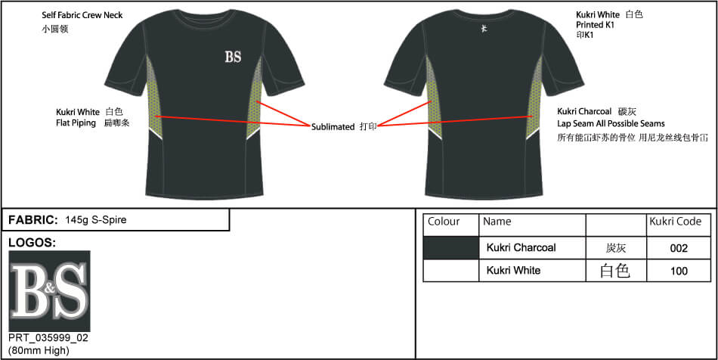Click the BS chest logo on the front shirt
tap(233, 57)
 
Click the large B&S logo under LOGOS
tap(49, 291)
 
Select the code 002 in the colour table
tap(679, 248)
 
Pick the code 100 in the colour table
tap(679, 272)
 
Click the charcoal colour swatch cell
tap(451, 248)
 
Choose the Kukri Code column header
tap(676, 222)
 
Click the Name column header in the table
tap(497, 222)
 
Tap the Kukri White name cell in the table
tap(513, 270)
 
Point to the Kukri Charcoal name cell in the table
tap(521, 248)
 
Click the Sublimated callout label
tap(333, 127)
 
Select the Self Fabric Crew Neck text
tap(82, 15)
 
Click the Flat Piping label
tap(76, 123)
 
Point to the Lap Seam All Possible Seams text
tap(611, 123)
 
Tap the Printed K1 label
tap(596, 25)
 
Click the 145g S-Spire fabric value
tap(96, 220)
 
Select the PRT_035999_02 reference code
tap(48, 339)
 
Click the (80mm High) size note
tap(39, 351)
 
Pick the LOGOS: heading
tap(32, 244)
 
